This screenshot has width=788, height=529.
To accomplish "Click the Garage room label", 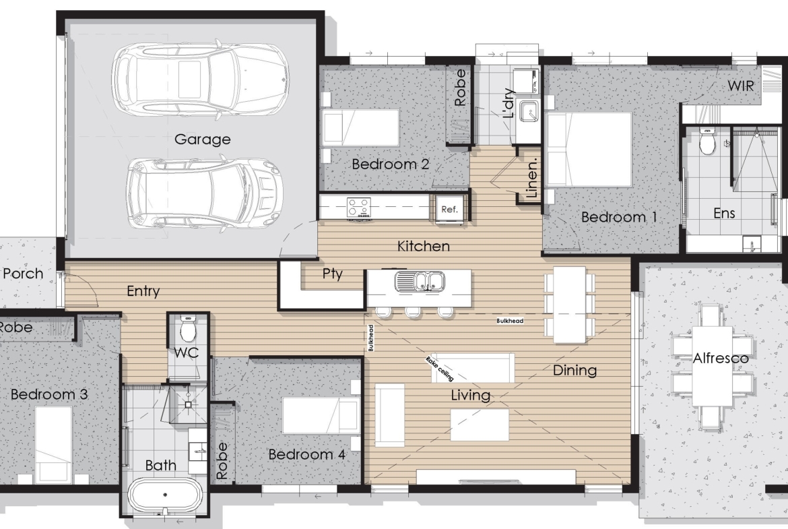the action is (203, 139).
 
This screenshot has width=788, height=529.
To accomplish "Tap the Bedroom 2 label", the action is (391, 164).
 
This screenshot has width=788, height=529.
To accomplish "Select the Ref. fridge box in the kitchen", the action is (449, 209).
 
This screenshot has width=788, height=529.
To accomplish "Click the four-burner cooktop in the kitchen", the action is (359, 208).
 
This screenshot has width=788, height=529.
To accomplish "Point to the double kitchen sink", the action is (420, 282).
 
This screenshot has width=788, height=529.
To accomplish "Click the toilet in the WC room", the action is (188, 328).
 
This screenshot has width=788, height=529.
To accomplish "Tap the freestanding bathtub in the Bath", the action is (165, 495).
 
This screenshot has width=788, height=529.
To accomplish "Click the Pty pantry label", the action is (332, 274).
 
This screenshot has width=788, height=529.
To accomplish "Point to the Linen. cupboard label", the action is (531, 177).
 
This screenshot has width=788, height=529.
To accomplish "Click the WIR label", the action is (741, 86).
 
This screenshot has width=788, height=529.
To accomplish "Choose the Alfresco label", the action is (721, 359).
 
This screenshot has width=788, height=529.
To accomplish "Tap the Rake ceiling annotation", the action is (440, 369).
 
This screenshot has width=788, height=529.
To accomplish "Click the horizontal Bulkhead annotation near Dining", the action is (510, 321).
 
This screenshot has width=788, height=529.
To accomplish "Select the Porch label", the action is (23, 274).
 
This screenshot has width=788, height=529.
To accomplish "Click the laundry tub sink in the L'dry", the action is (529, 112).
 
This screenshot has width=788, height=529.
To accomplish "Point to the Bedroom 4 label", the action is (307, 455).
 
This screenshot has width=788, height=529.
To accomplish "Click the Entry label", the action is (143, 291).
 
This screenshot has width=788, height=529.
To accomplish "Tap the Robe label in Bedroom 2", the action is (460, 88).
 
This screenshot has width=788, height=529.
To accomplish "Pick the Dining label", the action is (575, 371).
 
